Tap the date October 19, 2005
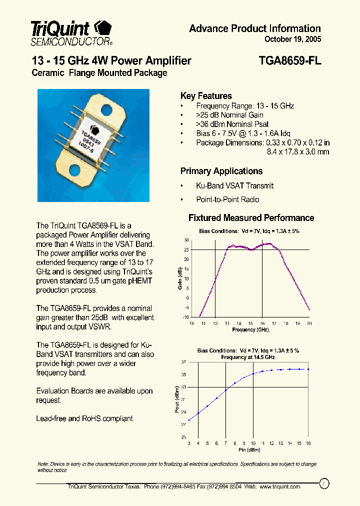point(292,39)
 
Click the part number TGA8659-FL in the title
point(290,61)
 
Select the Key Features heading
point(206,96)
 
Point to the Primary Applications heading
point(221,171)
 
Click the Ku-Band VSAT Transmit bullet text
point(234,185)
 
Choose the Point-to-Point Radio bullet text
point(227,199)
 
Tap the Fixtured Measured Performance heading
point(251,218)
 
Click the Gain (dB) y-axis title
point(180,278)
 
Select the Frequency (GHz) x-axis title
point(250,330)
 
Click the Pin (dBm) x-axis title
point(249,450)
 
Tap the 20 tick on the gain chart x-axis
point(309,323)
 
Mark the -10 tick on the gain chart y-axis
point(186,317)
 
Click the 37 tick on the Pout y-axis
point(183,362)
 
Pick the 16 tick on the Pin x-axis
point(308,443)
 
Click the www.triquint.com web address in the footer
point(280,486)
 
